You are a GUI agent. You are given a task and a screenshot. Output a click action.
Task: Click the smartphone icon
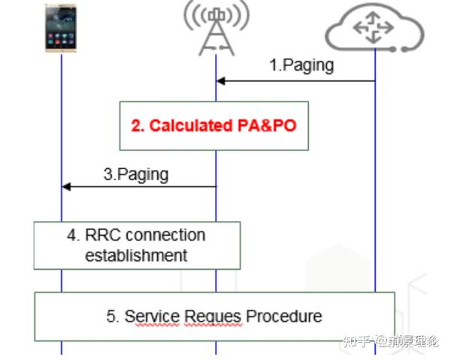pos(62,29)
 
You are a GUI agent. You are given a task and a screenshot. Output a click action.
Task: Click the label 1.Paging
pos(301,65)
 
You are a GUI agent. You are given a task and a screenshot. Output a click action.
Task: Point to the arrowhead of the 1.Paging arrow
pos(220,80)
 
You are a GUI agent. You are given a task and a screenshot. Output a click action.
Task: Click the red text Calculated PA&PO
pos(214,126)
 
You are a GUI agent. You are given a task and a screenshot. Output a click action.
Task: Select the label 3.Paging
pos(135,174)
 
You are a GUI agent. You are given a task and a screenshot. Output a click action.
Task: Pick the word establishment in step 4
pos(136,256)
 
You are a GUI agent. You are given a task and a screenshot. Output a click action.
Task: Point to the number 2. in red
pos(138,126)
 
